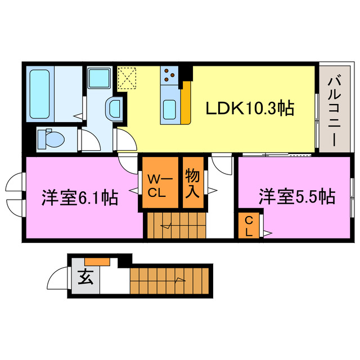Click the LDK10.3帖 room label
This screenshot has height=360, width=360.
coord(249,108)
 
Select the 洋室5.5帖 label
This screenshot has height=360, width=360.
coord(296,196)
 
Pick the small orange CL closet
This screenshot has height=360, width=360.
coord(248,226)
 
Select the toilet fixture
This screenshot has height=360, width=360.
coord(51,137)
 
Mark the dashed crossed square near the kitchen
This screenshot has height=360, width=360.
coord(128,78)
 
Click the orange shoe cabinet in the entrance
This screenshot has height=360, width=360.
coord(97,261)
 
